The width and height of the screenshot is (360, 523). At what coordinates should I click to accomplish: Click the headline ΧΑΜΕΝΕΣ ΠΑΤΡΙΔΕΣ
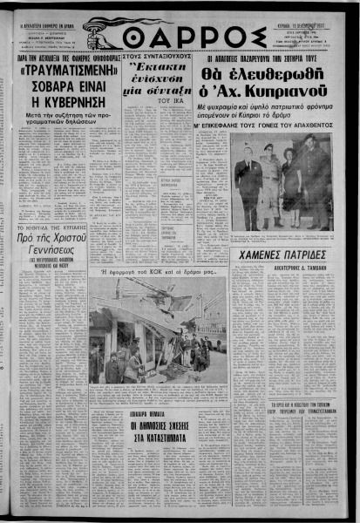point(284,255)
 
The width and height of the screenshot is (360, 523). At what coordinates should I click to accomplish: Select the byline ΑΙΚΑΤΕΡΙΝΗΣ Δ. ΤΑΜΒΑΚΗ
point(284,270)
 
